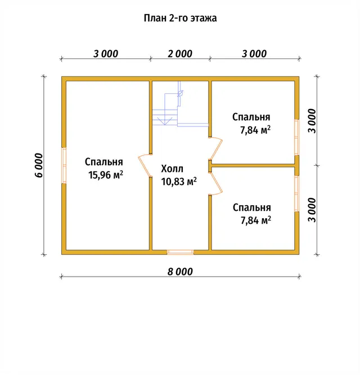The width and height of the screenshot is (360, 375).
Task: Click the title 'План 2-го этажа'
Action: pyautogui.click(x=180, y=18)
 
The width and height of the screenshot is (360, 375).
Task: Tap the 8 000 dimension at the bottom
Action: pyautogui.click(x=180, y=272)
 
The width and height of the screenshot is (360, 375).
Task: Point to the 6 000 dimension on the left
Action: pyautogui.click(x=39, y=165)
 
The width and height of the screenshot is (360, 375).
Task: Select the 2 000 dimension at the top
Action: pyautogui.click(x=180, y=54)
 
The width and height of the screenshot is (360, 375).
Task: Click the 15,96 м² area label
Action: pyautogui.click(x=106, y=175)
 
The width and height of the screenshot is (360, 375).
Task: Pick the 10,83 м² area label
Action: pyautogui.click(x=179, y=182)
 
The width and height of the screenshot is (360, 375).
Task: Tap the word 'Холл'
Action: pyautogui.click(x=172, y=169)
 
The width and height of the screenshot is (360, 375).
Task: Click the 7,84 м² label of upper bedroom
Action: pyautogui.click(x=255, y=130)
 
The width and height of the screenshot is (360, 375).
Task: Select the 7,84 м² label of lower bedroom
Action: pyautogui.click(x=256, y=220)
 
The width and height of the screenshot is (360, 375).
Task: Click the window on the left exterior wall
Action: pyautogui.click(x=64, y=165)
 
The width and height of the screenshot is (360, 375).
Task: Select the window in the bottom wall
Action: pyautogui.click(x=180, y=252)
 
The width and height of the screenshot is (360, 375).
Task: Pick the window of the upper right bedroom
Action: pyautogui.click(x=296, y=137)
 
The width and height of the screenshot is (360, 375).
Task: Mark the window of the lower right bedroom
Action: pyautogui.click(x=296, y=194)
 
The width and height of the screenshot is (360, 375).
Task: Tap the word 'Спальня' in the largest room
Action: pyautogui.click(x=104, y=162)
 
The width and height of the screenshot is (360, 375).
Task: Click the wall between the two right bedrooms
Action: pyautogui.click(x=253, y=165)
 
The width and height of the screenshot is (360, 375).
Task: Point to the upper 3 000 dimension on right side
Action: pyautogui.click(x=312, y=121)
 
